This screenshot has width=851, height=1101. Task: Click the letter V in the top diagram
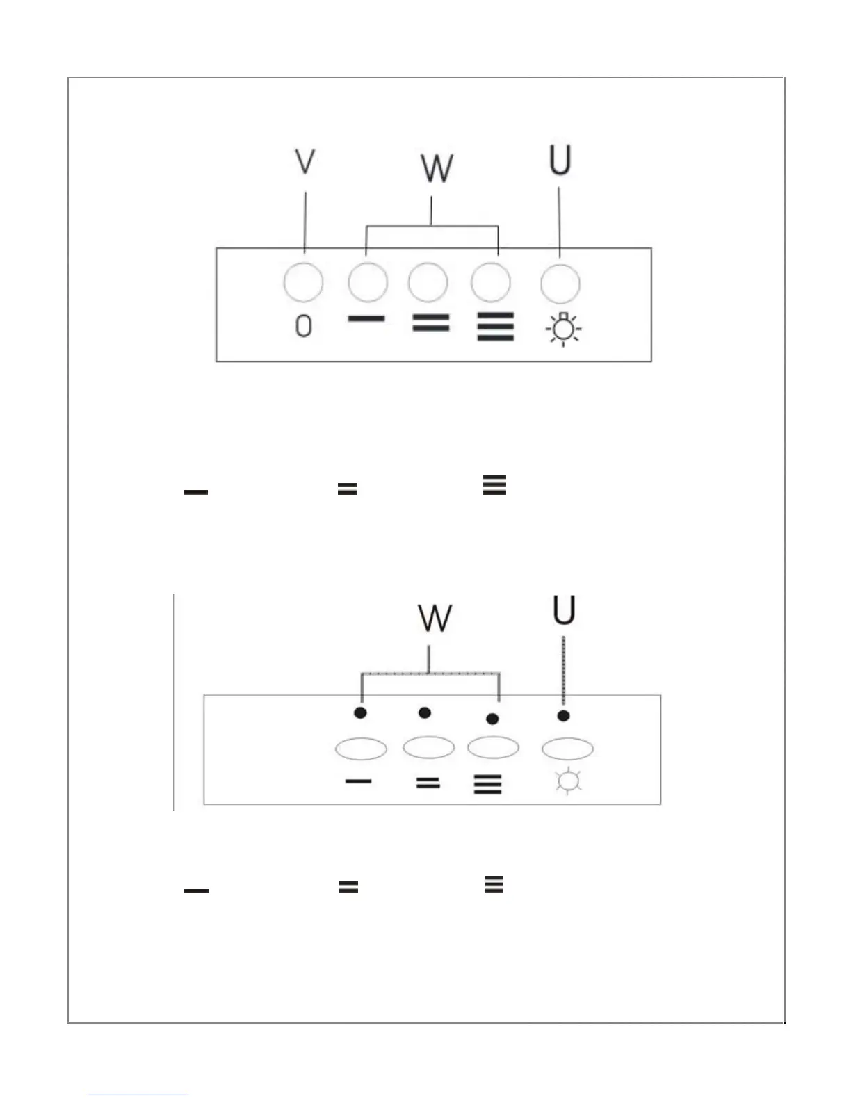point(305,161)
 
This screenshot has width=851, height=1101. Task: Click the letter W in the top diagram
point(437,168)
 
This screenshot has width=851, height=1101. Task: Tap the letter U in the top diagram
point(560,160)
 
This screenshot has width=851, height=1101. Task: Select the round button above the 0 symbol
point(304,283)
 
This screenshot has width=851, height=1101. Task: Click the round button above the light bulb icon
point(560,283)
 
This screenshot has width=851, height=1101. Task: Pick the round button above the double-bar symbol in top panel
point(428,283)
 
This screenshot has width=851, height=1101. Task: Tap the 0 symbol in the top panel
point(303,325)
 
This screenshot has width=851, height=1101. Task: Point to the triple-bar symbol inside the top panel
point(495,327)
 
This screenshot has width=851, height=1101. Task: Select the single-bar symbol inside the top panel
point(366,319)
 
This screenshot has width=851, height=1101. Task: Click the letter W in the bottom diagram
point(435,618)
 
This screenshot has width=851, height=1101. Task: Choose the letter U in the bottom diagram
point(563,611)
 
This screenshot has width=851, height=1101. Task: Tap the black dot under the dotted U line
point(563,715)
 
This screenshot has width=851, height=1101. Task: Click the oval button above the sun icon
point(567,749)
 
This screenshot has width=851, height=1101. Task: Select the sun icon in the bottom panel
point(568,781)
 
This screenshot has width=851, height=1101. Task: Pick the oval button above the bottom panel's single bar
point(361,749)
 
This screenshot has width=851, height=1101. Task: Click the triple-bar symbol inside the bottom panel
point(487,785)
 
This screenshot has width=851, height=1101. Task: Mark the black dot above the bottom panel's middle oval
point(425,712)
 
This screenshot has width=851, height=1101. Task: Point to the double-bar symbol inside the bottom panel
point(428,783)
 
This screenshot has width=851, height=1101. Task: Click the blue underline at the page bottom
point(138,1095)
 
